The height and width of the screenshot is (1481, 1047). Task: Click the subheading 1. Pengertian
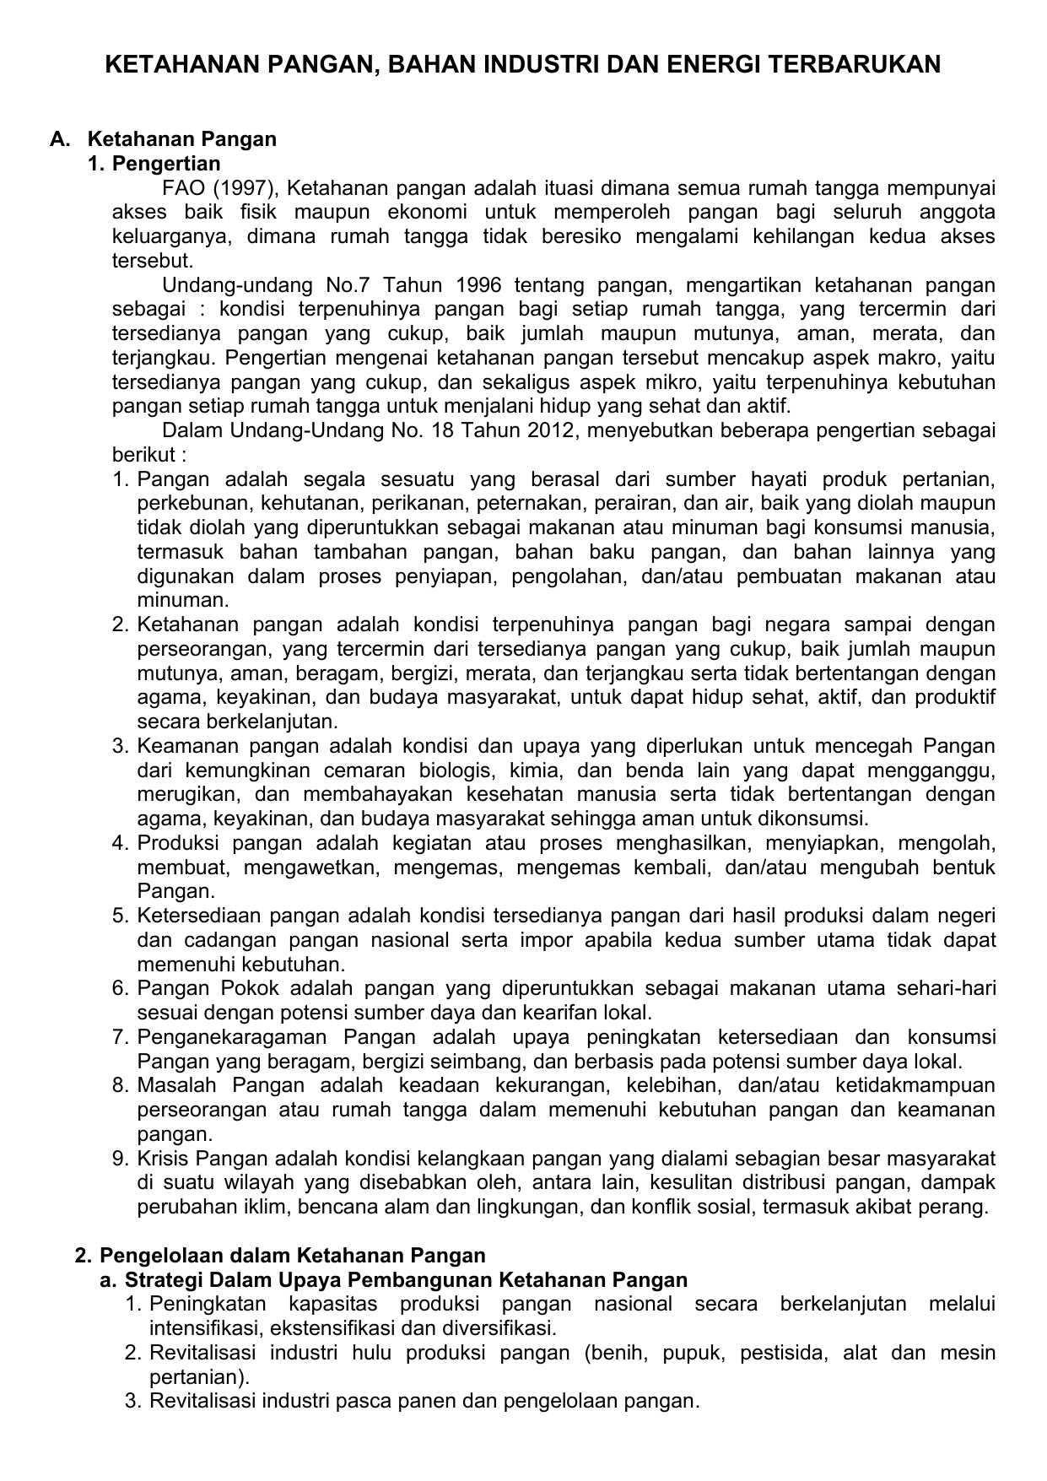[x=154, y=163]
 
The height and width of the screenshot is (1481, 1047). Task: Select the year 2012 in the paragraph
[x=551, y=431]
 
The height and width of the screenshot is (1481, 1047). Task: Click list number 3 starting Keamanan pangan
[x=121, y=747]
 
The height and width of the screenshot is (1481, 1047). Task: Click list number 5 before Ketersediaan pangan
[x=121, y=916]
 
